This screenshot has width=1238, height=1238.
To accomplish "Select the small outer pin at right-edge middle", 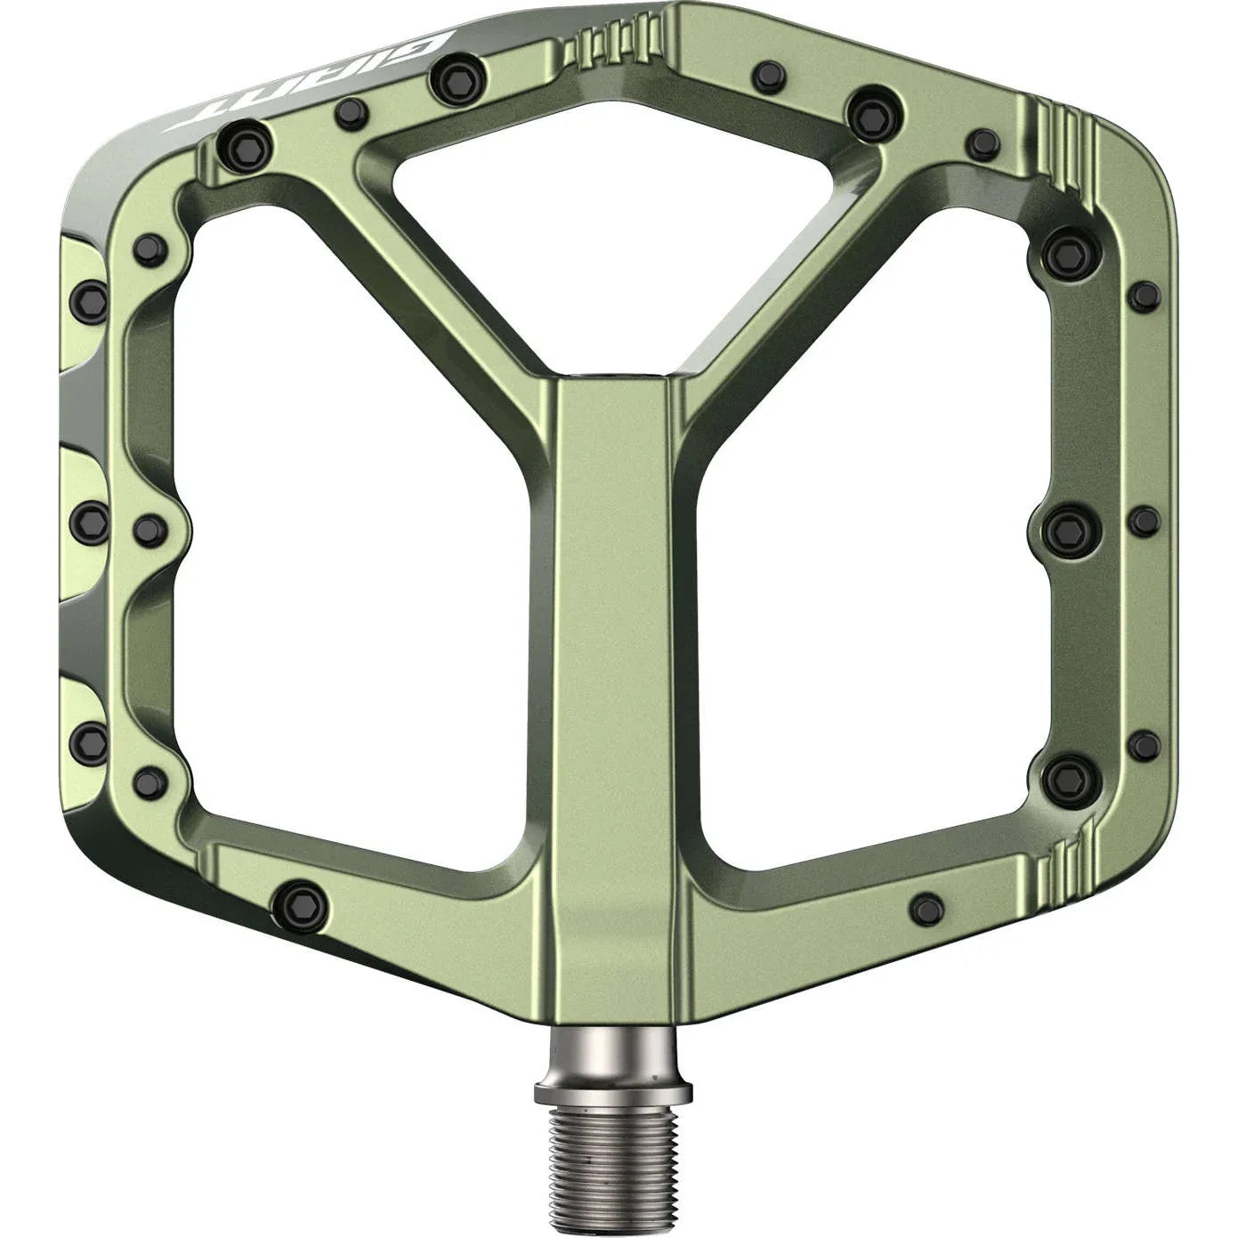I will [1144, 519].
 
